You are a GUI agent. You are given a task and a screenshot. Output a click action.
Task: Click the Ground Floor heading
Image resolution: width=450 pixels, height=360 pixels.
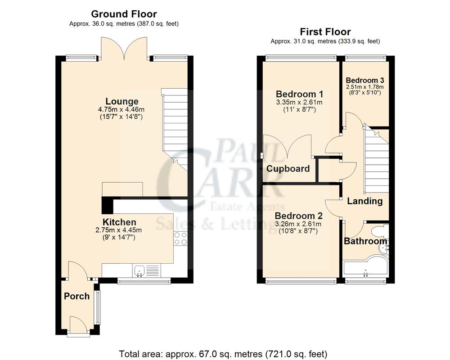(124, 14)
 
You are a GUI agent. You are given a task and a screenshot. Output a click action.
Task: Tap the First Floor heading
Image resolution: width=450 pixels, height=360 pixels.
(325, 31)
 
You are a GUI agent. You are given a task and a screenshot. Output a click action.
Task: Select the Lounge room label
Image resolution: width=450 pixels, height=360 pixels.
(122, 101)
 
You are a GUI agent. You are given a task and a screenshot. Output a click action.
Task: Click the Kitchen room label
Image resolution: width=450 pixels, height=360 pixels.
(119, 222)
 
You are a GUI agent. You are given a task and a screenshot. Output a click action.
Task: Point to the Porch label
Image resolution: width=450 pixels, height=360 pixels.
(76, 296)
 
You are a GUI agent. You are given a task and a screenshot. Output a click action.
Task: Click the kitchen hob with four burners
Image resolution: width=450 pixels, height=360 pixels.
(180, 238)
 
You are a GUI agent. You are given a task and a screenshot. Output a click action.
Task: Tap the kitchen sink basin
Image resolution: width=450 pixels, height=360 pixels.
(139, 270)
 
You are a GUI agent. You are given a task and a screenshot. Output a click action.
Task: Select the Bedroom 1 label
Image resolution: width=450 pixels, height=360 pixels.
(299, 94)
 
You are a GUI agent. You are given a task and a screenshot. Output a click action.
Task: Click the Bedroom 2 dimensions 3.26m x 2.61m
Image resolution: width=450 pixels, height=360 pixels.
(299, 224)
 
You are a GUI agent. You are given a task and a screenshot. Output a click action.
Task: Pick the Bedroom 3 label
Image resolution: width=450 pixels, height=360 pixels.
(364, 81)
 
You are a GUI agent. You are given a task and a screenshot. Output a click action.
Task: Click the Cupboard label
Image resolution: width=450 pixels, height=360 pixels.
(288, 169)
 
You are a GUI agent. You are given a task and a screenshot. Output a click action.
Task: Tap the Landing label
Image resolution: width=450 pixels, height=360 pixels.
(364, 201)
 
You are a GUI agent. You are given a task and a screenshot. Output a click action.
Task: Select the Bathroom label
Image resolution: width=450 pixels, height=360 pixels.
(365, 241)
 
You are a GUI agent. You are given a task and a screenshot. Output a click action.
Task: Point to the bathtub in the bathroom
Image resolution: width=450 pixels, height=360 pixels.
(364, 269)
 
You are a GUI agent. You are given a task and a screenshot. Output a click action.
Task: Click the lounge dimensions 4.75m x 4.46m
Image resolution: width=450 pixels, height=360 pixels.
(122, 110)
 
